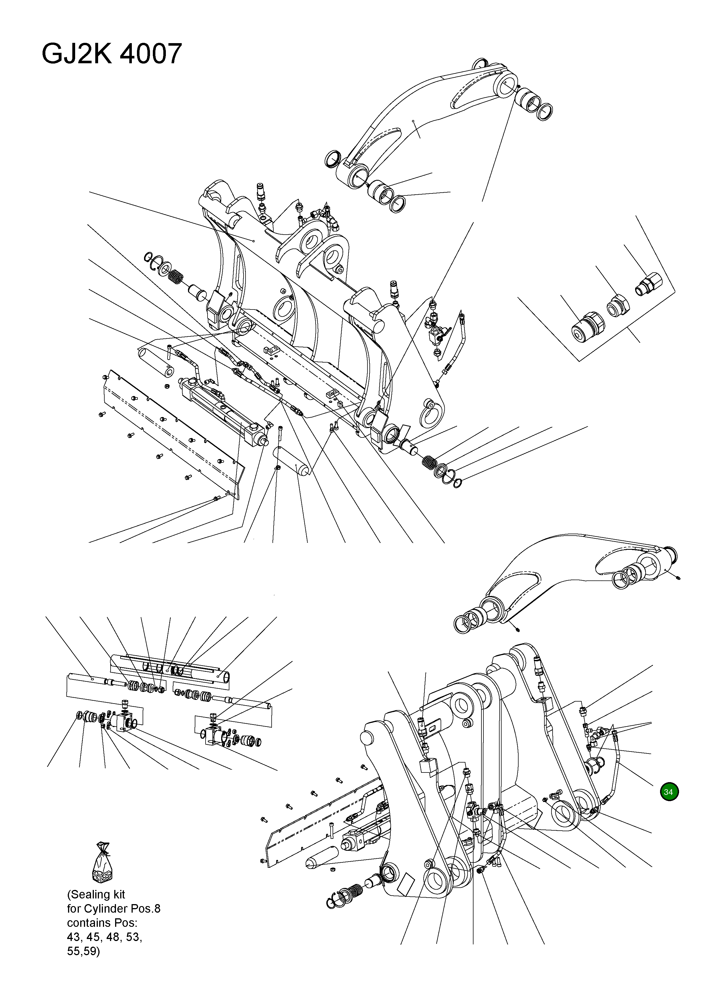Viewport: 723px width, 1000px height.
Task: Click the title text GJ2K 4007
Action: coord(111,54)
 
